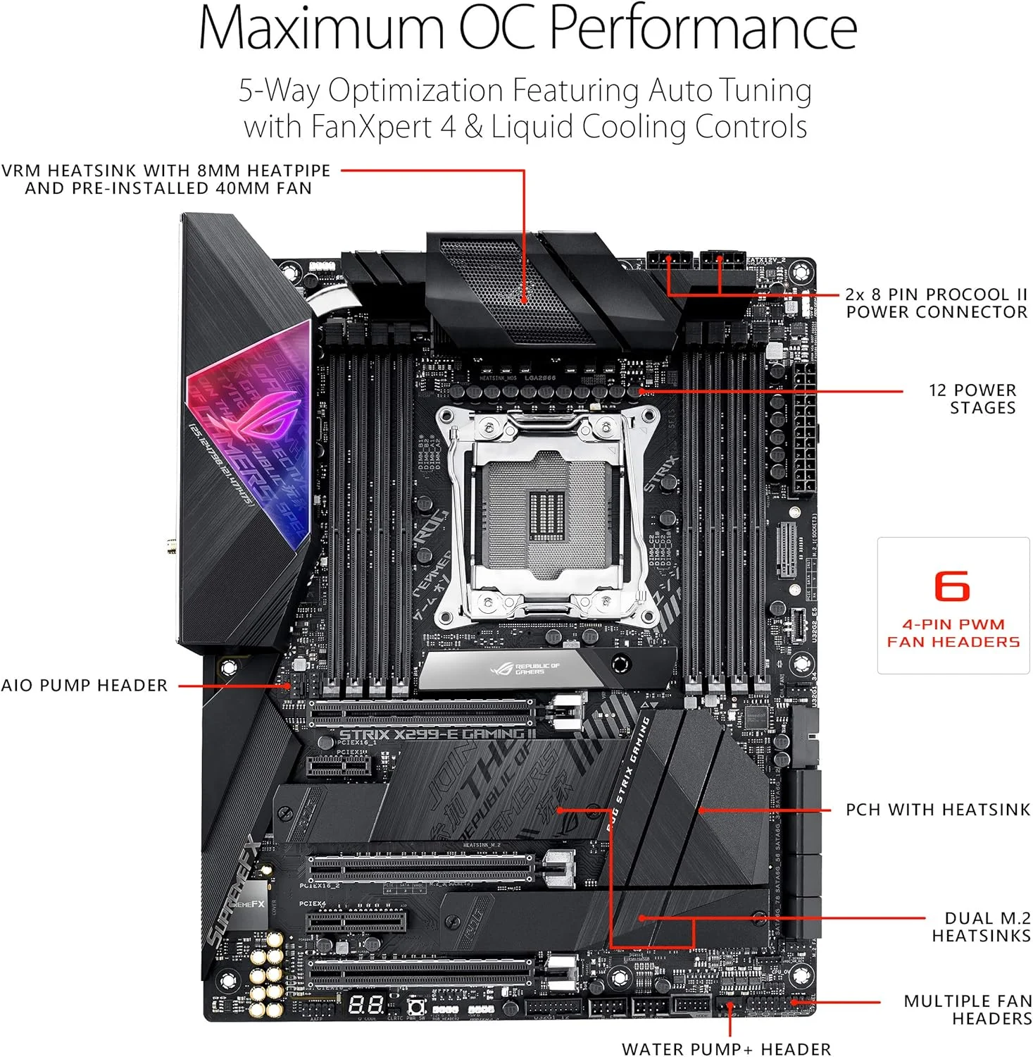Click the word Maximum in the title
[x=321, y=28]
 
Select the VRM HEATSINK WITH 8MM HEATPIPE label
[x=166, y=171]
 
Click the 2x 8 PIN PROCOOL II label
[x=936, y=295]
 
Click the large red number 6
[x=952, y=586]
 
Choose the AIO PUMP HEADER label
[x=84, y=686]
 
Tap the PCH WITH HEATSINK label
[x=937, y=810]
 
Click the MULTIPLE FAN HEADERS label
[x=968, y=1009]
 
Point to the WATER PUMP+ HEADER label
[x=726, y=1049]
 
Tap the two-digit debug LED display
[x=366, y=1005]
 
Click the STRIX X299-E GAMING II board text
[x=437, y=734]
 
